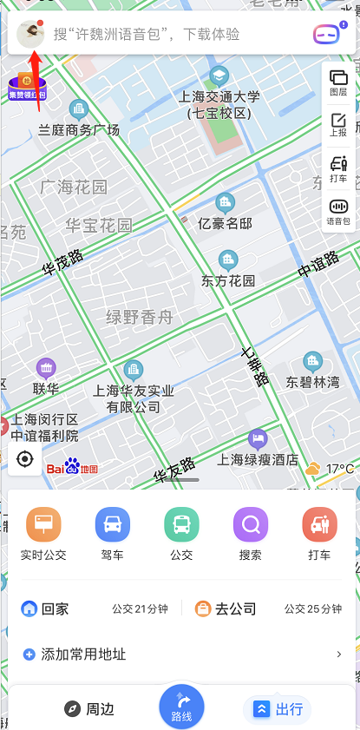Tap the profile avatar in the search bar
(31, 34)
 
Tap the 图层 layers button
(338, 82)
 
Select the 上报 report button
(338, 126)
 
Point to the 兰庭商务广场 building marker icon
(80, 110)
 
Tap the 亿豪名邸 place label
(225, 223)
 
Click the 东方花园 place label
(228, 280)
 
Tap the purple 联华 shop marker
(46, 367)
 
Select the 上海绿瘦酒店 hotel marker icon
(257, 439)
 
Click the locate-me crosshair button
(25, 459)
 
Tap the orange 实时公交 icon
(43, 525)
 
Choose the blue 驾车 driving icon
(113, 525)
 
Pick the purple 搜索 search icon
(251, 525)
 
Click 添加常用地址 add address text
(83, 654)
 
